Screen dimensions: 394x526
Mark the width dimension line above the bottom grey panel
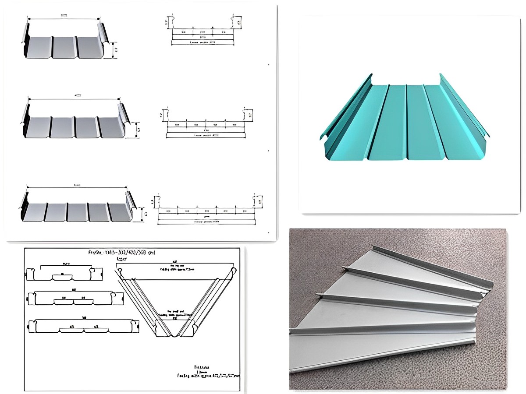[x=77, y=187]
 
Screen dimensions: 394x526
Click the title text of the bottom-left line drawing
[x=121, y=253]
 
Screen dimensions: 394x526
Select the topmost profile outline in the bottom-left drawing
[x=65, y=274]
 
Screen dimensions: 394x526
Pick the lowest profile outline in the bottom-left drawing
[x=83, y=327]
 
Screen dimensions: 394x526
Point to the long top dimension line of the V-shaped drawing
[x=175, y=262]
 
